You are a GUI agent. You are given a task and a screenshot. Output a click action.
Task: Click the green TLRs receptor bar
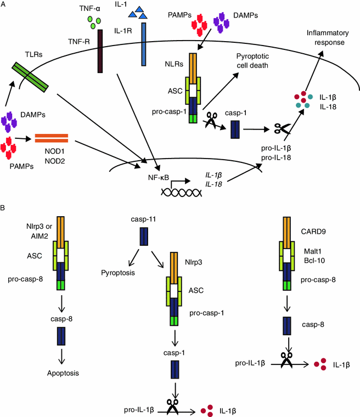pos(31,76)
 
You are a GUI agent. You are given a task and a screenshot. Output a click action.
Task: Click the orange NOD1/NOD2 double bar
pos(52,137)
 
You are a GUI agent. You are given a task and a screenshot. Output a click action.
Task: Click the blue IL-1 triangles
pos(134,12)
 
